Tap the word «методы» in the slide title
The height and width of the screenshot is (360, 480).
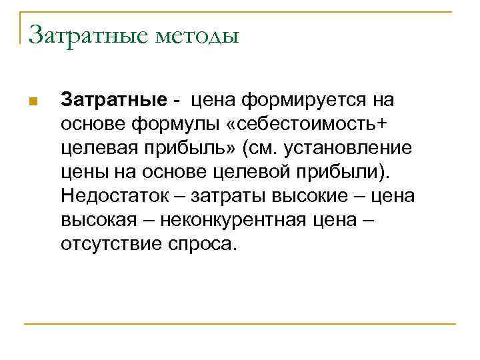click(x=197, y=34)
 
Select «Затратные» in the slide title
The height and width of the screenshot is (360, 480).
click(x=87, y=34)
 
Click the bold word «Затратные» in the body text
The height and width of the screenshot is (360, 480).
click(x=113, y=100)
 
